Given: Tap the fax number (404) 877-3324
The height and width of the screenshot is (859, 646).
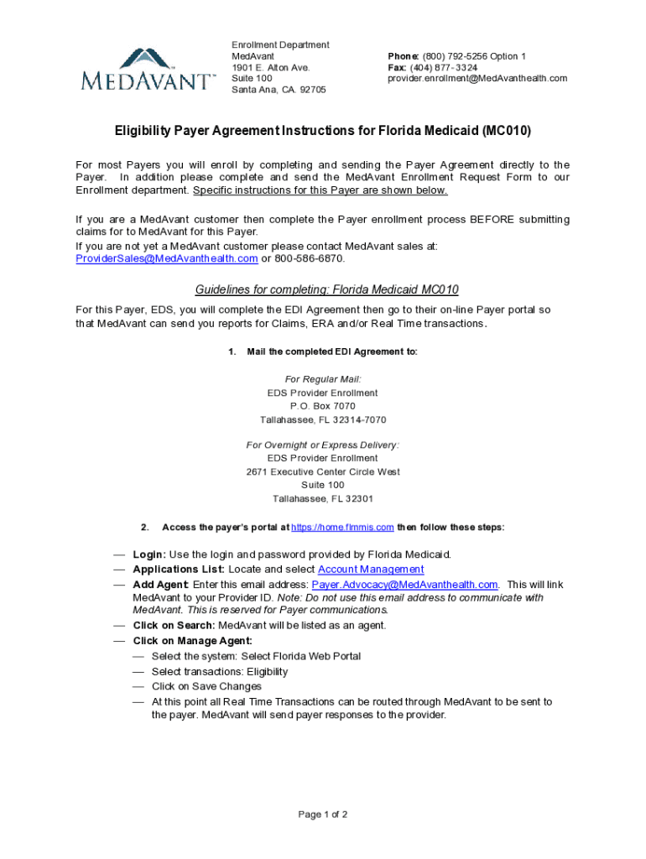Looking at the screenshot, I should click(444, 67).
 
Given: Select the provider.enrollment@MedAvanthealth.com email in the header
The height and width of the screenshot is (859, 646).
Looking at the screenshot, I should click(477, 78).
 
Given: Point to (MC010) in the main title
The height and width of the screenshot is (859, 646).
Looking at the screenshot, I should click(507, 132).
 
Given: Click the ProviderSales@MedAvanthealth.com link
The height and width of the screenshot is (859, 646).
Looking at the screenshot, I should click(166, 258).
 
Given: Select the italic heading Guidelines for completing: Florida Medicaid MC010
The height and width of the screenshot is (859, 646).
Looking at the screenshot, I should click(326, 290).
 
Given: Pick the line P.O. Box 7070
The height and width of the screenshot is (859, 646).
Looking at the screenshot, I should click(322, 406).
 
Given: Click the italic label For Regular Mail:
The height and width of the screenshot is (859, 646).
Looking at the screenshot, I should click(322, 379).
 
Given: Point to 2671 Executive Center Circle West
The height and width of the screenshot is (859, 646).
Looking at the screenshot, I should click(322, 472).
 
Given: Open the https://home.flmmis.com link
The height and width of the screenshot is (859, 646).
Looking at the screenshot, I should click(343, 528).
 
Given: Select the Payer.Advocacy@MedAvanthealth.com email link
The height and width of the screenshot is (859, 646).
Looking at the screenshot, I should click(404, 584).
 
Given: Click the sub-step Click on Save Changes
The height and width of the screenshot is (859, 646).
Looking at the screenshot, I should click(206, 686).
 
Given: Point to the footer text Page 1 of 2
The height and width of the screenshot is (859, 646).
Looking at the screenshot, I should click(323, 815).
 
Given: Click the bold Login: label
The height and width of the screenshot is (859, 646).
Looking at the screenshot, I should click(149, 554).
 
